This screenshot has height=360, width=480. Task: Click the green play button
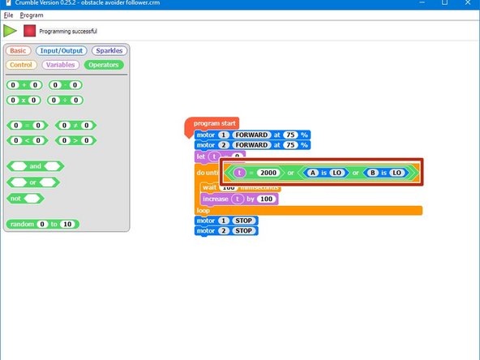10,31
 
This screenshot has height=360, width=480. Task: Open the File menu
8,15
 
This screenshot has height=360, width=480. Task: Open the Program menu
32,15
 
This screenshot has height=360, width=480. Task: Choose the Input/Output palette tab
61,50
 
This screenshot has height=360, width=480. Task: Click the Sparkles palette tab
108,50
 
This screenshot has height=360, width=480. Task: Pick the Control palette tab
21,65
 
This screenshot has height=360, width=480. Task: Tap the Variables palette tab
60,65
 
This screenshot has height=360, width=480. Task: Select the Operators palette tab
103,65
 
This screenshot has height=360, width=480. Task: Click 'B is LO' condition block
385,173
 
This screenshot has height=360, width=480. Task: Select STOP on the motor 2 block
242,231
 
